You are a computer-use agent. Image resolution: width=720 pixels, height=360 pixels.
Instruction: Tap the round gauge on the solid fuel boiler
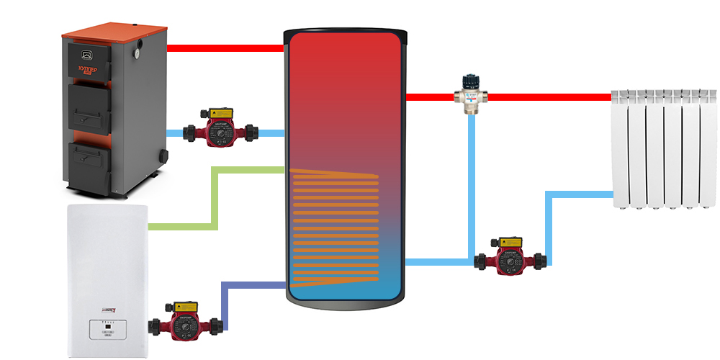135,53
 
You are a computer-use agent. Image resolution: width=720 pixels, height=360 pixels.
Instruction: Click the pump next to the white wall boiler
184,323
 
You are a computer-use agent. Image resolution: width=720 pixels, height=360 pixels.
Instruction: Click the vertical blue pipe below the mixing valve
472,180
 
